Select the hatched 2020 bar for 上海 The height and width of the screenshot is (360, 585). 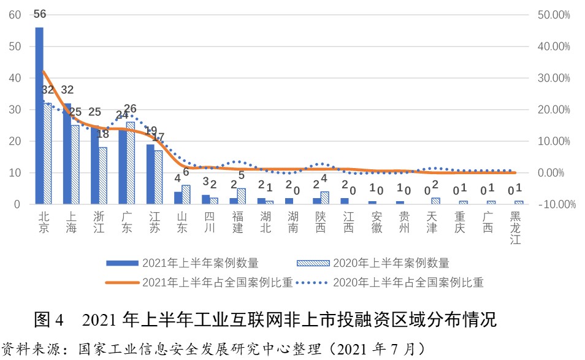pos(75,164)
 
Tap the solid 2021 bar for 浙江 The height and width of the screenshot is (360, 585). pos(94,164)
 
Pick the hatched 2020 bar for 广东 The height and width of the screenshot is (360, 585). pos(131,163)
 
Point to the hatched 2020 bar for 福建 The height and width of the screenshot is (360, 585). pos(242,196)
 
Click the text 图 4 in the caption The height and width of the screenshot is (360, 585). pos(50,320)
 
